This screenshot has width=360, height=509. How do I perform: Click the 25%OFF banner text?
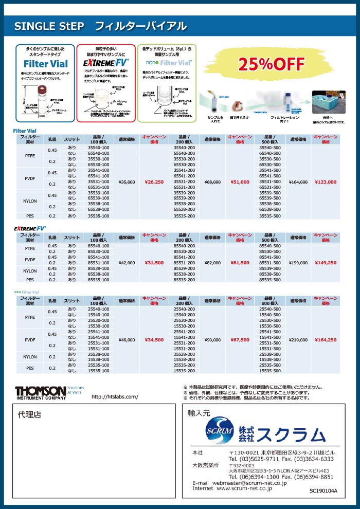click(x=271, y=64)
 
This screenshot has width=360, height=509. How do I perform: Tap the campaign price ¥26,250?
click(x=154, y=181)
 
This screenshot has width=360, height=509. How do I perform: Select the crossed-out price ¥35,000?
click(x=127, y=181)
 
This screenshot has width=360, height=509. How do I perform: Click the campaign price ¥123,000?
click(x=326, y=181)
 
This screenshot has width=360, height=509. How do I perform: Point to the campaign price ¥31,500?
click(x=154, y=263)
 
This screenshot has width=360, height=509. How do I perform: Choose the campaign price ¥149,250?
click(x=326, y=263)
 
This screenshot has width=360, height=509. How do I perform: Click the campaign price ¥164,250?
click(x=326, y=340)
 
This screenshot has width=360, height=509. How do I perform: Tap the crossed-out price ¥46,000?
click(x=127, y=340)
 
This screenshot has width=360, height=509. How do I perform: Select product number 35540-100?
click(x=99, y=148)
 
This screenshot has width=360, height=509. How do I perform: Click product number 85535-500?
click(x=270, y=280)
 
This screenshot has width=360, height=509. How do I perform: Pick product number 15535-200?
click(x=184, y=370)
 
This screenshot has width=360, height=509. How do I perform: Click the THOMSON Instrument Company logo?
click(x=40, y=392)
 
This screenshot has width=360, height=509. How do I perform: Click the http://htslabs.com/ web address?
click(x=115, y=397)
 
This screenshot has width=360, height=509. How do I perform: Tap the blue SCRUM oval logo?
click(x=218, y=429)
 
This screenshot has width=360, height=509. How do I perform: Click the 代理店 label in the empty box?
click(x=29, y=414)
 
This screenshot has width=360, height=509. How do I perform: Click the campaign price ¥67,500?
click(x=240, y=340)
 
